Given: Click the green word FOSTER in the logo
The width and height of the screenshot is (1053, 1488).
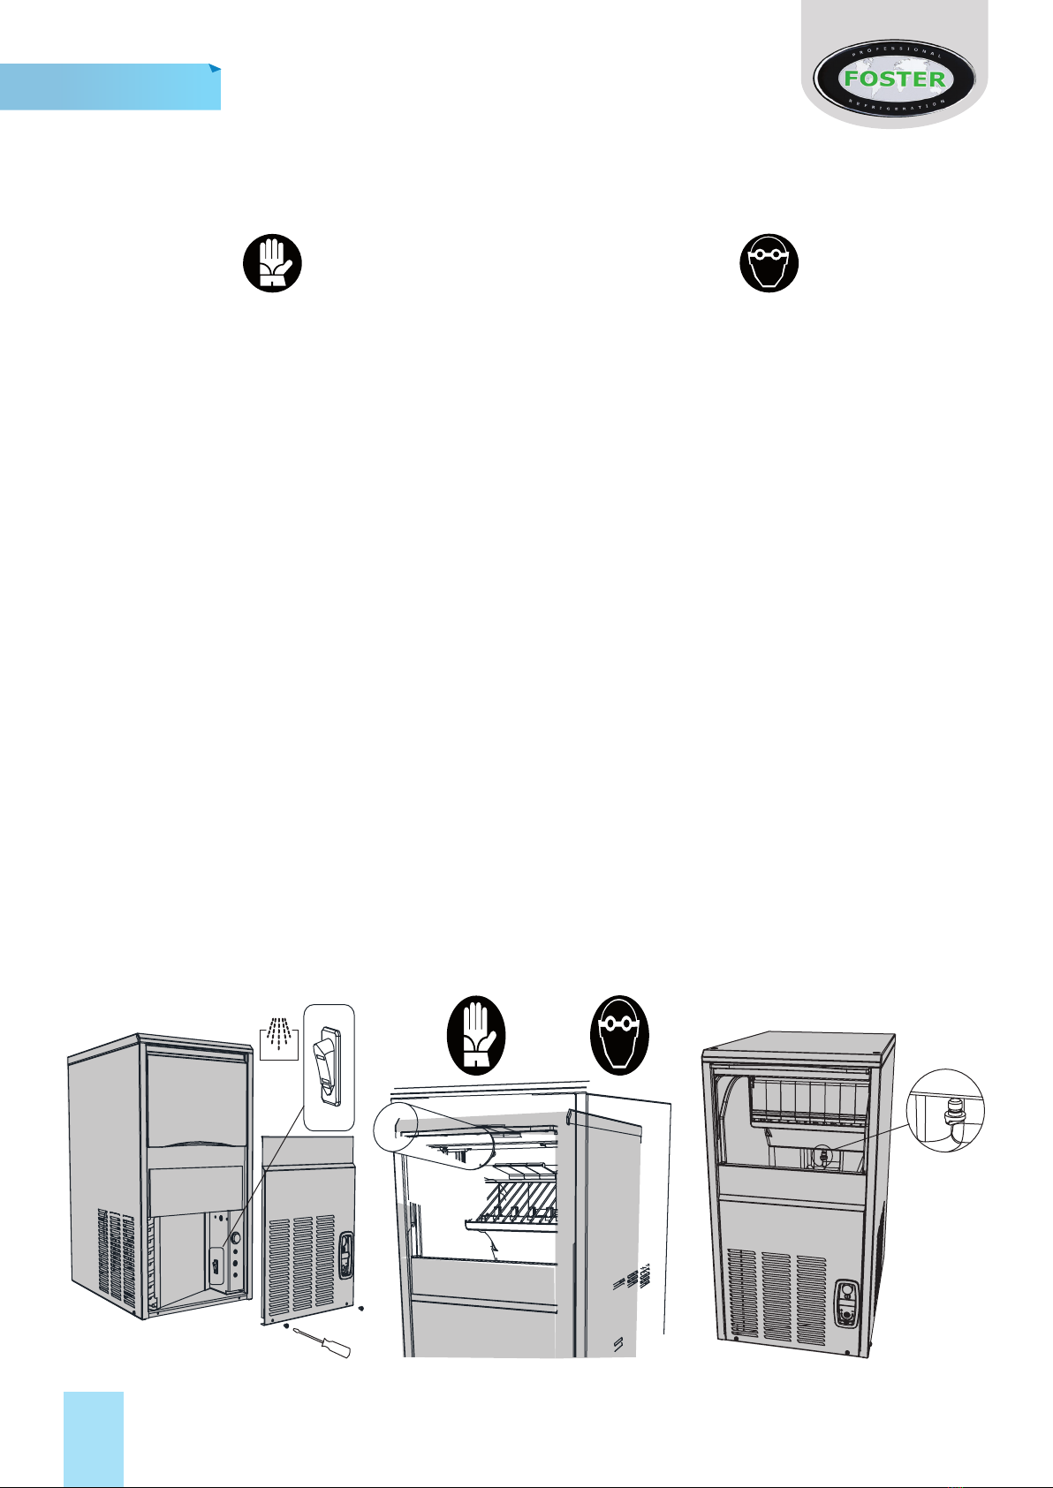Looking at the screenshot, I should [894, 78].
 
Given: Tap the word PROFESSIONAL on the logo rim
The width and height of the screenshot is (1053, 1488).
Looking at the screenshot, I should [893, 51].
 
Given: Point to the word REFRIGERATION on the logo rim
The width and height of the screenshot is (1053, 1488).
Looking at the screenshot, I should [893, 105].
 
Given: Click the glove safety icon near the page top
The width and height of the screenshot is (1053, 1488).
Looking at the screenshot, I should [273, 263].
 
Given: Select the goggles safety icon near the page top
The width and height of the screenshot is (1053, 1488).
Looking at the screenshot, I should [769, 263].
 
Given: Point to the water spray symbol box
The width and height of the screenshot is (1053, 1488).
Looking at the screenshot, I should [279, 1037].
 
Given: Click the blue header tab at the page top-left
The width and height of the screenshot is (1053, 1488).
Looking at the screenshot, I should [110, 87].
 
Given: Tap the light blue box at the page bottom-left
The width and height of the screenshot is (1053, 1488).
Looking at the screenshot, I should [94, 1439].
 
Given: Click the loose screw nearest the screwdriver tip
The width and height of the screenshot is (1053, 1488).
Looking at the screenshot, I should [287, 1326].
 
